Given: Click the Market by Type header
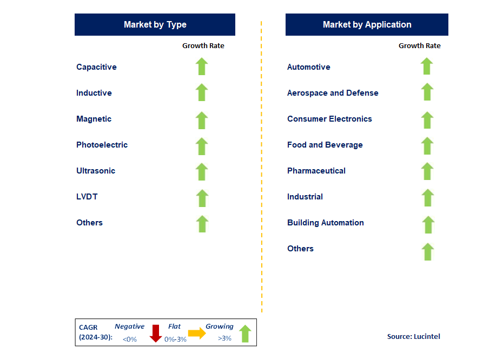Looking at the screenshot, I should pyautogui.click(x=155, y=25).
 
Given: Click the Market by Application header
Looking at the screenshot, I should pyautogui.click(x=367, y=25).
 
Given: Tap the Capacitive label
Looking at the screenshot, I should pyautogui.click(x=96, y=67).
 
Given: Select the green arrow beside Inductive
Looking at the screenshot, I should pyautogui.click(x=202, y=92).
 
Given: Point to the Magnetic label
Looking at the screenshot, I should pyautogui.click(x=94, y=119).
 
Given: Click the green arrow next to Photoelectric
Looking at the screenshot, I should pyautogui.click(x=202, y=146).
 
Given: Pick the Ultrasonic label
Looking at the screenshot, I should pyautogui.click(x=96, y=171).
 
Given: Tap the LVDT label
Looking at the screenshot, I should pyautogui.click(x=87, y=197).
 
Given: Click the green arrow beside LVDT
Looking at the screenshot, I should pyautogui.click(x=202, y=198).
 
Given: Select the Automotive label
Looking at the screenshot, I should pyautogui.click(x=308, y=67).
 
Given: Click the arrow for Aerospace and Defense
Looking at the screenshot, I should pyautogui.click(x=427, y=92).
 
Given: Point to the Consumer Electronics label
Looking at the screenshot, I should pyautogui.click(x=329, y=119).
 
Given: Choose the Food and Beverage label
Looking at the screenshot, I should pyautogui.click(x=325, y=145).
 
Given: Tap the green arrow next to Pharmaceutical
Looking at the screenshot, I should pyautogui.click(x=427, y=171).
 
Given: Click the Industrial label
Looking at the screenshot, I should pyautogui.click(x=305, y=197).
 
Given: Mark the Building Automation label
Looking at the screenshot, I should pyautogui.click(x=325, y=223).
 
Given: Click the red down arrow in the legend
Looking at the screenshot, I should pyautogui.click(x=156, y=334).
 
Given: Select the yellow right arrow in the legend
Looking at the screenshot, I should pyautogui.click(x=197, y=334).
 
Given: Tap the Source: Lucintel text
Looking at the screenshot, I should pyautogui.click(x=413, y=336).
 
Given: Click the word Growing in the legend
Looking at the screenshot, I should pyautogui.click(x=219, y=326).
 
